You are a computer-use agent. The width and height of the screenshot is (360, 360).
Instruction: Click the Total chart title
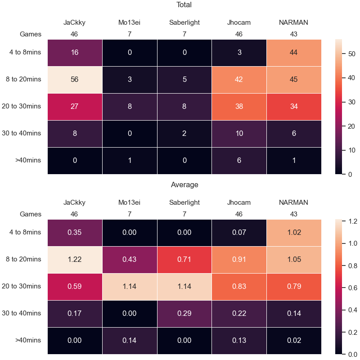(x=184, y=5)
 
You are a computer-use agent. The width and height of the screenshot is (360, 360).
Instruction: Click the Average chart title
(x=184, y=184)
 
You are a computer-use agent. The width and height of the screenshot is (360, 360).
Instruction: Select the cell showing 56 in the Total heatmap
(x=75, y=80)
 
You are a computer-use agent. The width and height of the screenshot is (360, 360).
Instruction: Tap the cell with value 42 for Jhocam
(x=239, y=80)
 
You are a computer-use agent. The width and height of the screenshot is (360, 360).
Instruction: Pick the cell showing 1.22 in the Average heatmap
(x=75, y=260)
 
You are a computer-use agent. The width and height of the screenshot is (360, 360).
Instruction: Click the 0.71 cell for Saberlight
(x=184, y=260)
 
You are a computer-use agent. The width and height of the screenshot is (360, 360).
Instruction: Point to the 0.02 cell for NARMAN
(x=294, y=340)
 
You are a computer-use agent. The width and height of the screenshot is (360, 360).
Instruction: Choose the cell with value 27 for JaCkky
(x=75, y=107)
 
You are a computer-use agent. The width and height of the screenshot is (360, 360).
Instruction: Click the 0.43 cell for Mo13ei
(x=130, y=260)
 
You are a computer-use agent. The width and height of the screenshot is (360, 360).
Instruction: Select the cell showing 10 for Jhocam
(x=239, y=133)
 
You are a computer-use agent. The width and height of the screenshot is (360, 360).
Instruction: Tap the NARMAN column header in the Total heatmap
(x=293, y=22)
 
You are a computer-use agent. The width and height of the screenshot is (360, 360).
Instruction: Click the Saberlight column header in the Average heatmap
(x=184, y=202)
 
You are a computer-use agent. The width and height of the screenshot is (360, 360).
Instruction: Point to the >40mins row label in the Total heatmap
(x=28, y=160)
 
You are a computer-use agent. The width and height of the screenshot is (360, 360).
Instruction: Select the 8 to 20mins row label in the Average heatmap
(x=23, y=259)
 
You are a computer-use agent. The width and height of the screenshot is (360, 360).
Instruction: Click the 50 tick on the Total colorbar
(x=351, y=54)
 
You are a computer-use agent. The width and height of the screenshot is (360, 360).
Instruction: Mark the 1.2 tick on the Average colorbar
(x=353, y=221)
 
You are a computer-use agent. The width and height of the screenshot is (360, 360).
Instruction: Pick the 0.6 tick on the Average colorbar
(x=353, y=288)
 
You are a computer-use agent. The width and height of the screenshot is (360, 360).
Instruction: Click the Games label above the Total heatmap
(x=31, y=34)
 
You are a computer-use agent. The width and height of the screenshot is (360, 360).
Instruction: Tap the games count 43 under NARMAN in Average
(x=294, y=214)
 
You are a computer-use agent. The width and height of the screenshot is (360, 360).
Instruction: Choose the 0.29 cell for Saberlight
(x=184, y=313)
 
